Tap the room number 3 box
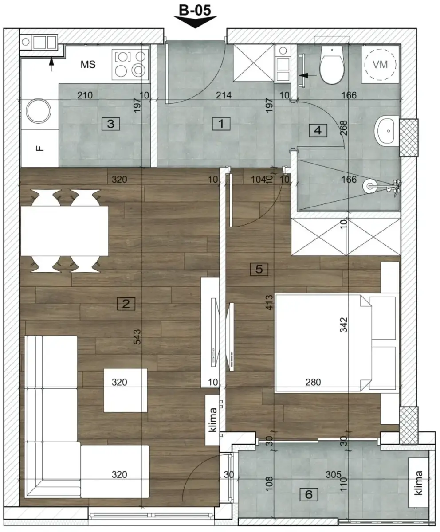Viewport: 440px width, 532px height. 110,124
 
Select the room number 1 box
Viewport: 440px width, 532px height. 221,124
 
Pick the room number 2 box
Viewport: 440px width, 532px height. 126,304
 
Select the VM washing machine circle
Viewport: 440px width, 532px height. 380,64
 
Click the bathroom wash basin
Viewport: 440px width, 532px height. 388,131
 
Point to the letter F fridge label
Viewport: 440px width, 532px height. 39,148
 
